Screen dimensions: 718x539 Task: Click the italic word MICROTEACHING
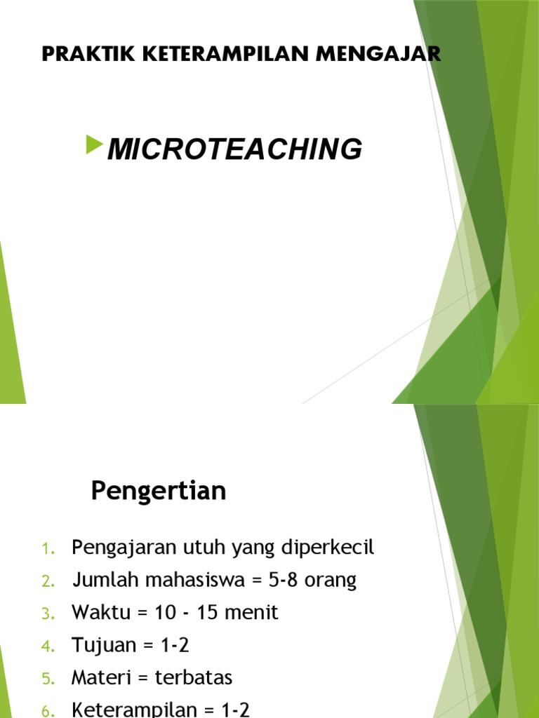click(234, 149)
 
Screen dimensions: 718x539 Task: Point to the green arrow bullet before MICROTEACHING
click(93, 146)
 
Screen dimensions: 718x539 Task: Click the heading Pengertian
click(159, 492)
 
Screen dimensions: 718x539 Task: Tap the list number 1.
click(48, 549)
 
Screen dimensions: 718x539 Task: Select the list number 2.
click(48, 581)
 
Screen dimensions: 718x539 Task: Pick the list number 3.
click(48, 614)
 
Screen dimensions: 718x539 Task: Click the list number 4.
click(48, 646)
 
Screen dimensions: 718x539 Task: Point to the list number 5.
click(48, 679)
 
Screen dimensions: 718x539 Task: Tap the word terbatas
click(196, 678)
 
